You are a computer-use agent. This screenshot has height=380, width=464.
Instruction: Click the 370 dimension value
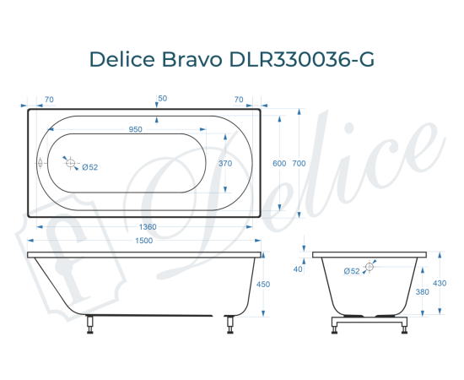pos(224,163)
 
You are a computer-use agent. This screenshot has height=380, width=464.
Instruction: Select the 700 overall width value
pos(299,163)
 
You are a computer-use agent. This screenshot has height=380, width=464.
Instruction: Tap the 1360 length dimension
pos(147,226)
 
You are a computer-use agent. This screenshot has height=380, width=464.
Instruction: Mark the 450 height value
pos(262,285)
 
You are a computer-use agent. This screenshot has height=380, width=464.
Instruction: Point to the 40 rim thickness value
pos(298,269)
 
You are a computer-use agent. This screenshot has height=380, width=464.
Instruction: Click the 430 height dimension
pos(439,283)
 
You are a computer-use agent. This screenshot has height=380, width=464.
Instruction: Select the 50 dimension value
pos(162,99)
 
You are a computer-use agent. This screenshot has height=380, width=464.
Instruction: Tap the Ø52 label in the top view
pos(90,167)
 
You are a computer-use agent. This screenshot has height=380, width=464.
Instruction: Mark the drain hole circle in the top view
pos(71,163)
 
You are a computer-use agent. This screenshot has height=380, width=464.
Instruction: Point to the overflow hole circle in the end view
pos(370,267)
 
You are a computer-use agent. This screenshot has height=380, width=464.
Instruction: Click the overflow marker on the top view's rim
pos(40,163)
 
